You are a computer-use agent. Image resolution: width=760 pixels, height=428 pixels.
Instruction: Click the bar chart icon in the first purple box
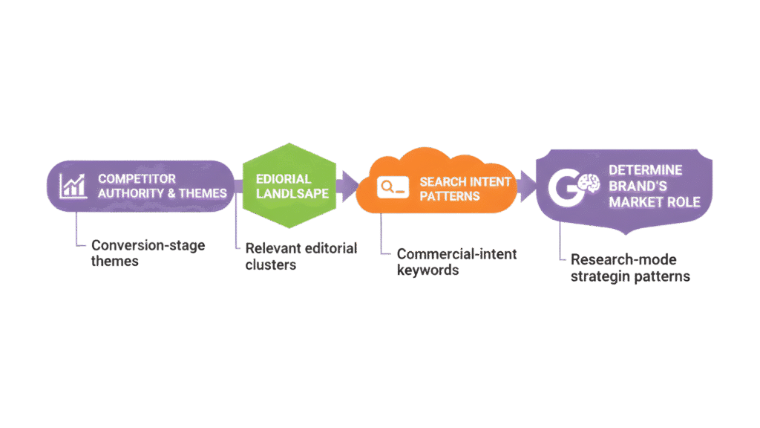tap(73, 186)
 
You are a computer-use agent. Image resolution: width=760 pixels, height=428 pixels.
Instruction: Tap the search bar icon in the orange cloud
tap(392, 187)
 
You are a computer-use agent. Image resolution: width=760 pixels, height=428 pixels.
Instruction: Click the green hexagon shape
tap(285, 186)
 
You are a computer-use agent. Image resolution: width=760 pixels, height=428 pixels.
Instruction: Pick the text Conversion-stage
tap(148, 245)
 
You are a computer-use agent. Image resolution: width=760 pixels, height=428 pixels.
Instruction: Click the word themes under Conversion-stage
tap(114, 262)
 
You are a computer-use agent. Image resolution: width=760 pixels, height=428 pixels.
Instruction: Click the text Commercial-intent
tap(456, 254)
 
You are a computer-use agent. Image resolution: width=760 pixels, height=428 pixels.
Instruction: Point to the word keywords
tap(427, 270)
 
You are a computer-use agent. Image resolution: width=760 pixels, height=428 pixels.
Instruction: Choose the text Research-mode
tap(623, 260)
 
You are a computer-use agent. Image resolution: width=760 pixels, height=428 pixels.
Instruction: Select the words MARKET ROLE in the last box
tap(654, 202)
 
